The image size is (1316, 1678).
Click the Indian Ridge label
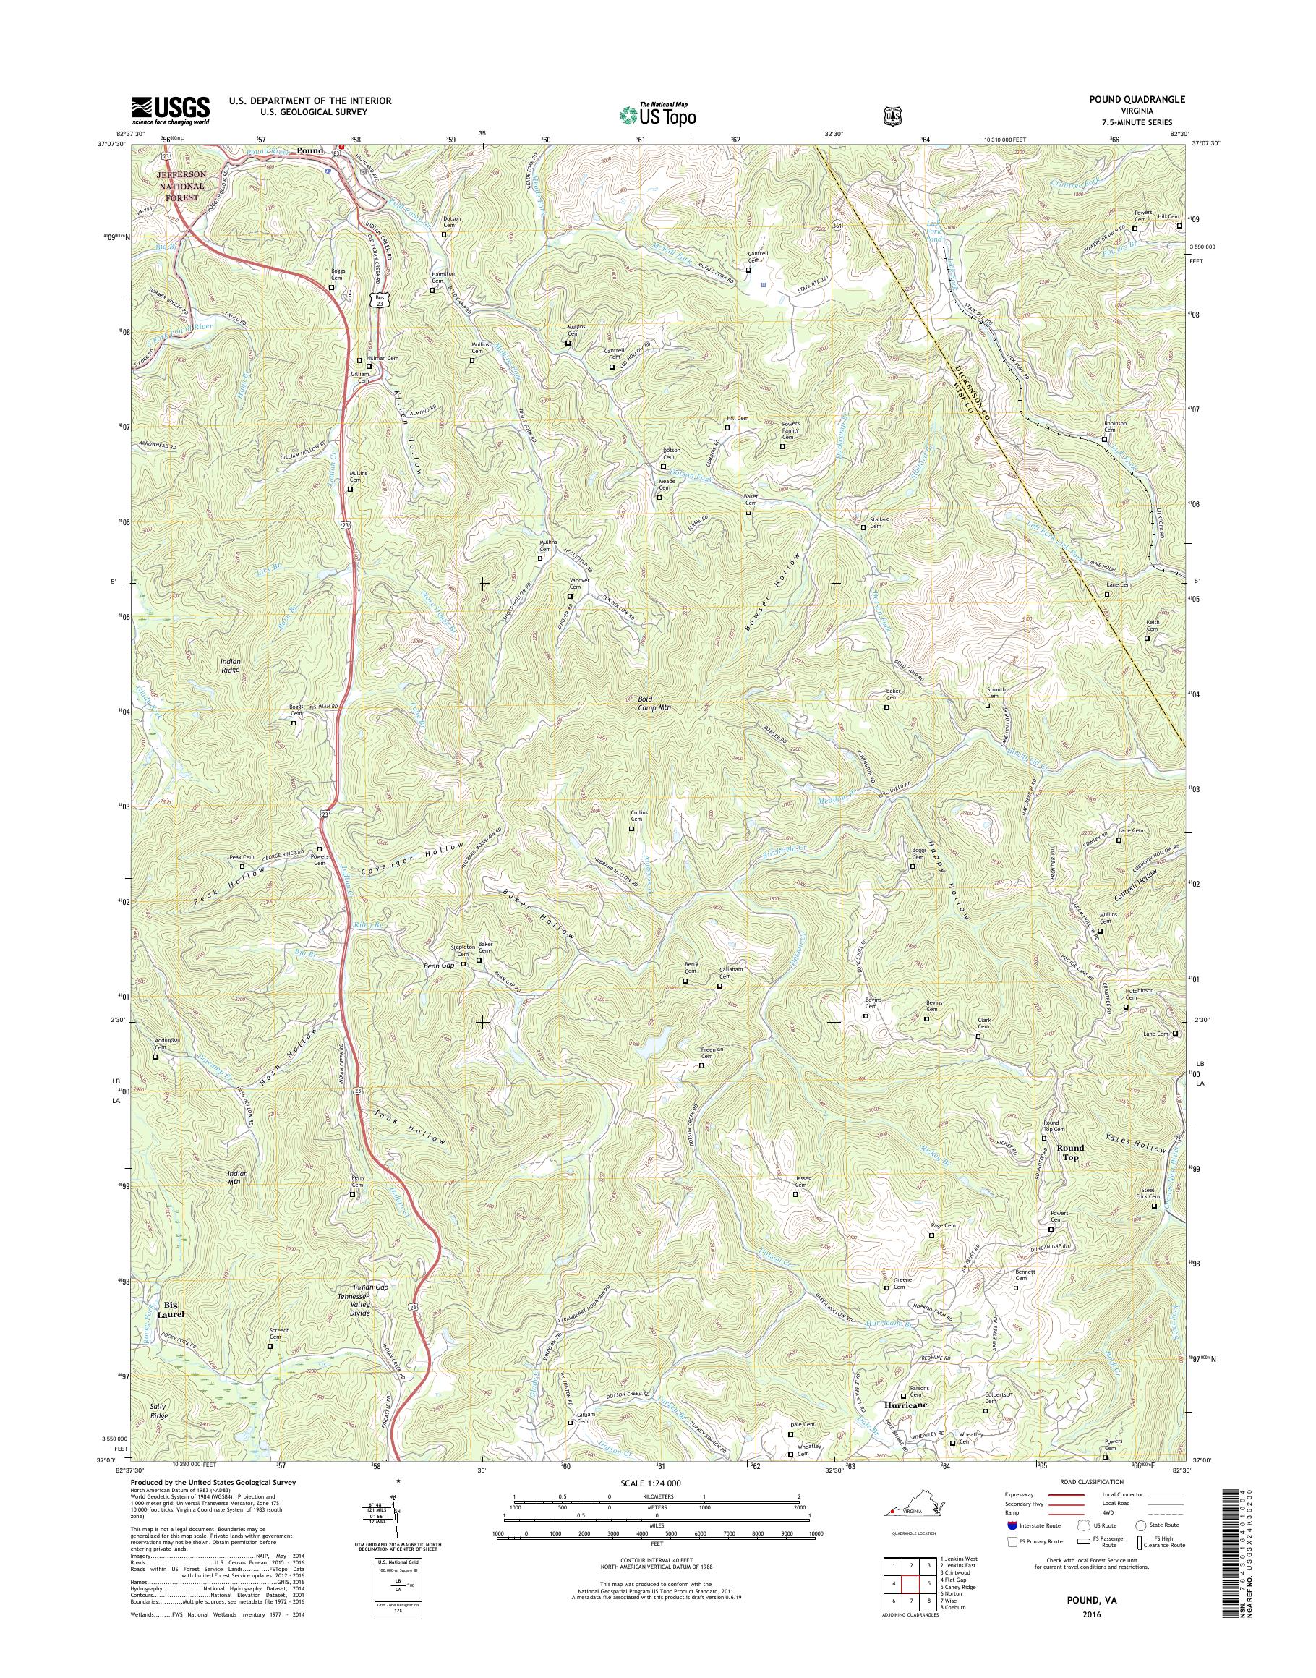tap(230, 666)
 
